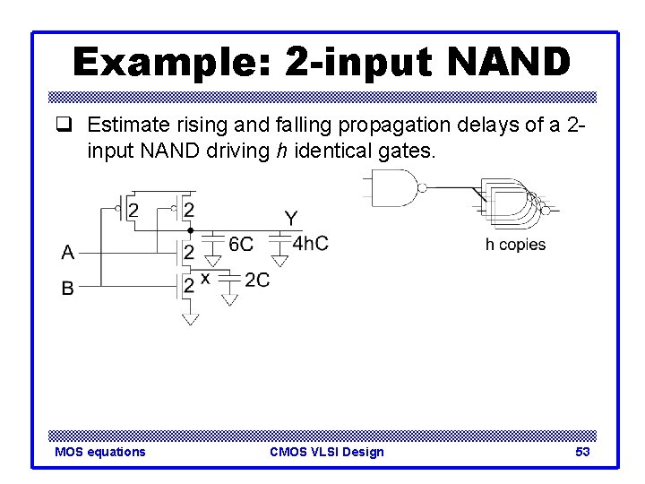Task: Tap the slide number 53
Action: click(x=582, y=452)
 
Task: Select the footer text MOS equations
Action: click(x=99, y=452)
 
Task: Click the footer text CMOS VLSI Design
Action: click(x=326, y=452)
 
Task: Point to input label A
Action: click(x=68, y=253)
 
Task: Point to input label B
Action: click(x=68, y=289)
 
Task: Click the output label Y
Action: click(x=291, y=218)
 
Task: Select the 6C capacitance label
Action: click(x=241, y=244)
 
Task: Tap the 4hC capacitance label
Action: click(x=311, y=244)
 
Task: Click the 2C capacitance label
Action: click(x=257, y=281)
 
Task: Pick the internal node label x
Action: click(x=205, y=279)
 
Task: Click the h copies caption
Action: click(x=515, y=245)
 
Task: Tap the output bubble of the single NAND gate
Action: click(x=423, y=188)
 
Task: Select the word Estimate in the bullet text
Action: click(x=125, y=125)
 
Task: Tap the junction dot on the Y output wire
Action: click(x=189, y=230)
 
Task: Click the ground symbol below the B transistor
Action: click(x=189, y=318)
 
